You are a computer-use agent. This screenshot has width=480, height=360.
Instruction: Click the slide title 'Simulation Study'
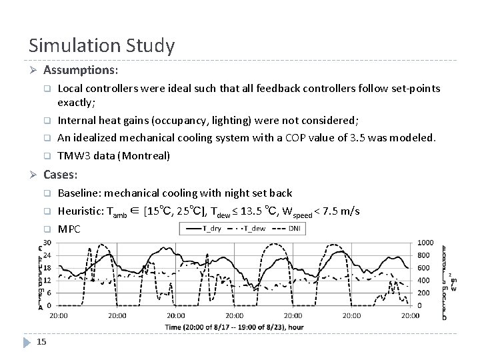(x=101, y=45)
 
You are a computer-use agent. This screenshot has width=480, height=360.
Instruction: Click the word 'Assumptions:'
(x=81, y=69)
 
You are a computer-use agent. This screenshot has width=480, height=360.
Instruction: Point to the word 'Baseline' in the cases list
(x=80, y=193)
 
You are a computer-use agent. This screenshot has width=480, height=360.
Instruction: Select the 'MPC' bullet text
(x=69, y=229)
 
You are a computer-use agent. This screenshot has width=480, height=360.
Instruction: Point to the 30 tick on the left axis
(x=48, y=242)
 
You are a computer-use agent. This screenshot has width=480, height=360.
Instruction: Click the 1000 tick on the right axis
(x=425, y=242)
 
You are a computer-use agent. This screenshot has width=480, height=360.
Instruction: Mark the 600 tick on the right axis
(x=425, y=267)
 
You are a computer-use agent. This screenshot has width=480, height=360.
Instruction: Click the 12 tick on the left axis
(x=48, y=280)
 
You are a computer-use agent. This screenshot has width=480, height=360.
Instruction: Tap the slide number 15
(x=41, y=342)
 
